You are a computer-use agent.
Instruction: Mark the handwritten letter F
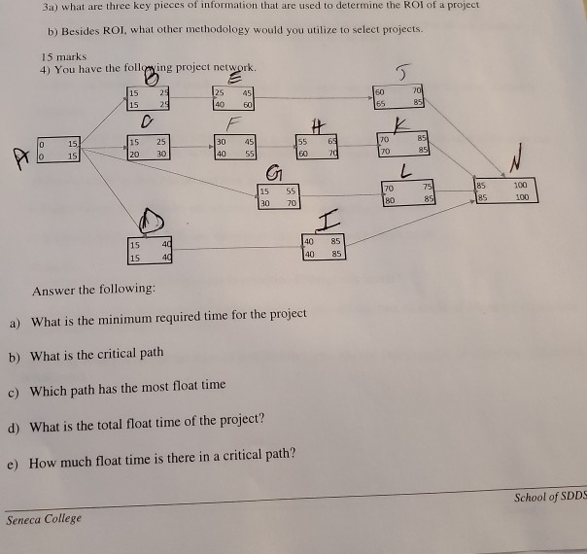pos(231,124)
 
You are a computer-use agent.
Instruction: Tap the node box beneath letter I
pos(321,247)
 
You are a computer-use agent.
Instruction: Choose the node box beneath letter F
pos(234,148)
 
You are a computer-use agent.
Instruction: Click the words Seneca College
pos(44,518)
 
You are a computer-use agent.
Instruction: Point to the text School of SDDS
pos(550,497)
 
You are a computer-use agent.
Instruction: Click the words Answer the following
pos(92,291)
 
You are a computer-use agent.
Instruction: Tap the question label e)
pos(14,455)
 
